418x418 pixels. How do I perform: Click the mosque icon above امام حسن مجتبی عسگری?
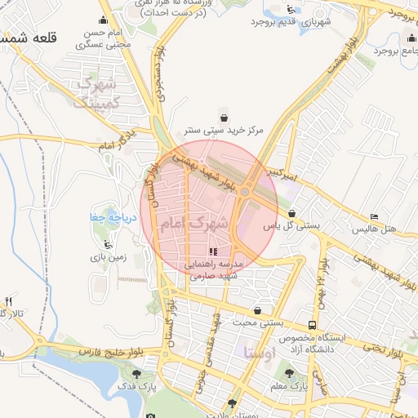(102, 20)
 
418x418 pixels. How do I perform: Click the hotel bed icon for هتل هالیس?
(375, 216)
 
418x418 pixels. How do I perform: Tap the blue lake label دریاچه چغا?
(105, 217)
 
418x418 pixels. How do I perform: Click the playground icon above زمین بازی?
(105, 243)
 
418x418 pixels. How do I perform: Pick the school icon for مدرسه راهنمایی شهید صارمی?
(213, 252)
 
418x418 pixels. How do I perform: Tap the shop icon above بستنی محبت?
(258, 310)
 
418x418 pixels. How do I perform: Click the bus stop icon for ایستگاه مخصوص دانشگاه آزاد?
(313, 325)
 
